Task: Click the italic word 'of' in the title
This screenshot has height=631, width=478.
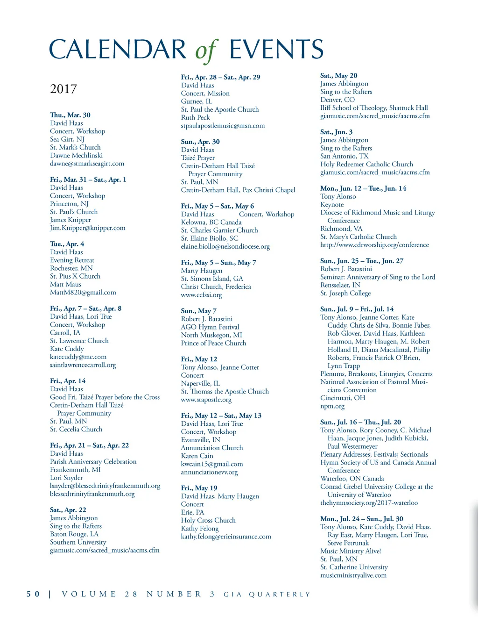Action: (x=206, y=50)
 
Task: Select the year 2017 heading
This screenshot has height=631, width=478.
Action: (x=63, y=89)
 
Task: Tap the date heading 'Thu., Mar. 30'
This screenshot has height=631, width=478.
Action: (x=70, y=115)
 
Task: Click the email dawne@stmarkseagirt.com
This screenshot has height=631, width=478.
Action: (x=87, y=164)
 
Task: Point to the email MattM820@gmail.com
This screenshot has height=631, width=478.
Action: (x=83, y=293)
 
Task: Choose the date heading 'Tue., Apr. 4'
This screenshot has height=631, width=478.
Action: (x=67, y=244)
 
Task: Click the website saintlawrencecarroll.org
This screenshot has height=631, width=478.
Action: (x=83, y=365)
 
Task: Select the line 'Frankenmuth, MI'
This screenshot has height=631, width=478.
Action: (x=75, y=470)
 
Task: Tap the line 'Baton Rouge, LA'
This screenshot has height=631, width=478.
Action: (x=74, y=534)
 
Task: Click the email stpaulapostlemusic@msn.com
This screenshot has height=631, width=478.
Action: (x=223, y=126)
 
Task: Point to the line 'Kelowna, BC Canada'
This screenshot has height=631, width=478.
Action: (x=211, y=222)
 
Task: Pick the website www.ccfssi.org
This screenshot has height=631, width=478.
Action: (x=201, y=295)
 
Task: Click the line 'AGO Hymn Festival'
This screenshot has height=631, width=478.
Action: (x=210, y=327)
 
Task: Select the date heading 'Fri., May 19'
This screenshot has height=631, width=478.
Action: (x=199, y=488)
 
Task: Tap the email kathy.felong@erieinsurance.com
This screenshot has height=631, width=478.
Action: (x=226, y=537)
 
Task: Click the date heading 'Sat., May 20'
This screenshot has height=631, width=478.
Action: (x=338, y=76)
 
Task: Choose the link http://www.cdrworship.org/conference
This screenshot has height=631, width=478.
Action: (x=374, y=245)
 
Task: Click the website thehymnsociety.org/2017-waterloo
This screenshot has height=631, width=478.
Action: (x=369, y=503)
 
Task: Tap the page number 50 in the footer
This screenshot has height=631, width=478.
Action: (x=33, y=594)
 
